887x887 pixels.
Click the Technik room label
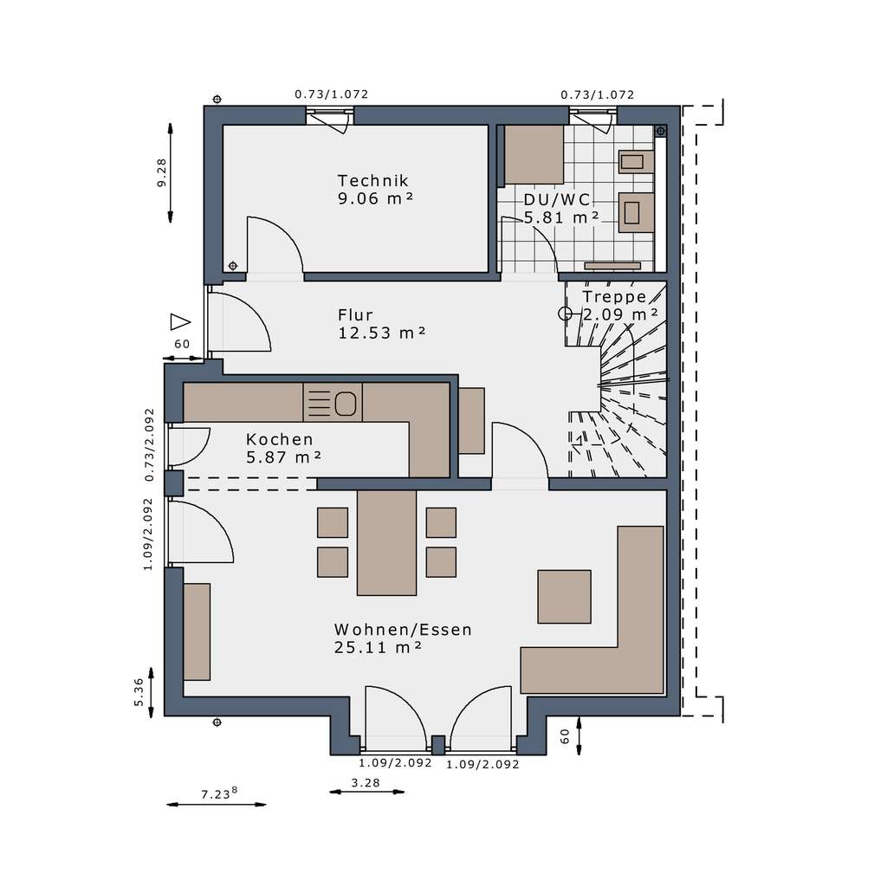pyautogui.click(x=372, y=181)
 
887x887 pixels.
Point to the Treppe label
pyautogui.click(x=614, y=296)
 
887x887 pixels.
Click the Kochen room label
pyautogui.click(x=279, y=439)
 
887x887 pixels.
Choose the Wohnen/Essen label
pyautogui.click(x=403, y=630)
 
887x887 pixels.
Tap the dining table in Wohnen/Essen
pyautogui.click(x=386, y=542)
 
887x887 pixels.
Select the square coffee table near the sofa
pyautogui.click(x=564, y=596)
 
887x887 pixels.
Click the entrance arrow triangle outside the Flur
pyautogui.click(x=179, y=322)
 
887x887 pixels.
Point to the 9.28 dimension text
pyautogui.click(x=161, y=172)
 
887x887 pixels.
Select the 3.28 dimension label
pyautogui.click(x=366, y=783)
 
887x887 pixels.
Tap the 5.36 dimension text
pyautogui.click(x=139, y=692)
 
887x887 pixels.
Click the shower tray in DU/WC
pyautogui.click(x=534, y=154)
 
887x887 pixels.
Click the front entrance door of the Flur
pyautogui.click(x=237, y=322)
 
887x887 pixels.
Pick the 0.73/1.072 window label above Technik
pyautogui.click(x=332, y=94)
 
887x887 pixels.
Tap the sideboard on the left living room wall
pyautogui.click(x=197, y=631)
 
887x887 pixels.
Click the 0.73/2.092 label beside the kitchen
pyautogui.click(x=150, y=444)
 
